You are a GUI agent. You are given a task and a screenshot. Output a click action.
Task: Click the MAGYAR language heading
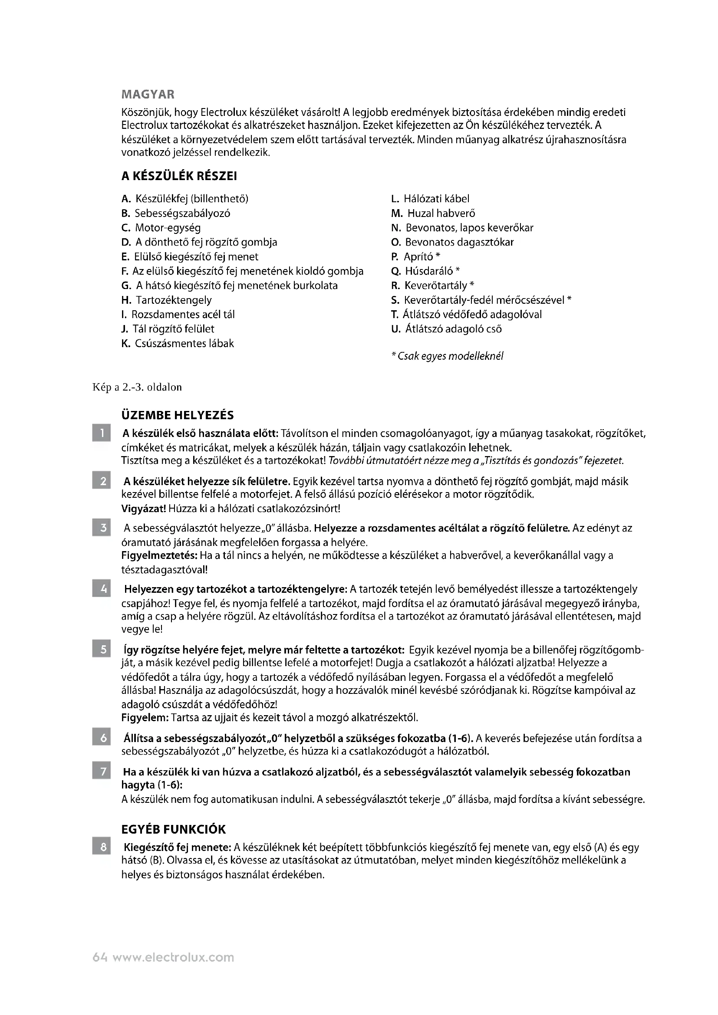(x=148, y=94)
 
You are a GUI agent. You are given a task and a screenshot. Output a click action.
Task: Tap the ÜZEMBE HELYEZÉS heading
(x=177, y=415)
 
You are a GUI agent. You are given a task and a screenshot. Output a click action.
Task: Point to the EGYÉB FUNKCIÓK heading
(x=173, y=829)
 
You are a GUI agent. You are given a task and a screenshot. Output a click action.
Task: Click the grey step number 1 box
(x=101, y=433)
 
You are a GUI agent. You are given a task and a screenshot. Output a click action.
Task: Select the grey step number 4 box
(x=101, y=589)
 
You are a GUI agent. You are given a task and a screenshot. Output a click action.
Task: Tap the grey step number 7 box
(x=101, y=772)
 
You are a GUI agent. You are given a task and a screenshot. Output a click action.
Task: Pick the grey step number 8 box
(x=101, y=847)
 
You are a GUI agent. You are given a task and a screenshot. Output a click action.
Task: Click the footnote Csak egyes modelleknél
(x=448, y=356)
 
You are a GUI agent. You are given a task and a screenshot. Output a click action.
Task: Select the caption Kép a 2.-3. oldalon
(x=137, y=387)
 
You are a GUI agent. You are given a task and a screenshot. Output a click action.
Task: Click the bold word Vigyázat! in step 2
(x=143, y=509)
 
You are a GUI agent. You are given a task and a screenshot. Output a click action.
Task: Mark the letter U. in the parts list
(x=396, y=329)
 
